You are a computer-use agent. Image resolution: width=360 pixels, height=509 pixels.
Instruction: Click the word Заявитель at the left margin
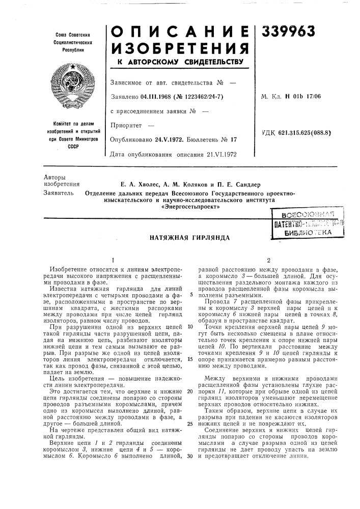[x=59, y=193]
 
